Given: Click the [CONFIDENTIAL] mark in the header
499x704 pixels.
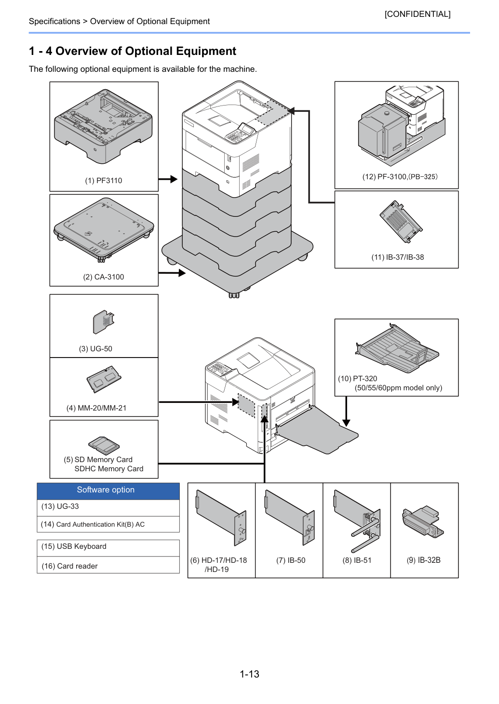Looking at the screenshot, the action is (x=417, y=14).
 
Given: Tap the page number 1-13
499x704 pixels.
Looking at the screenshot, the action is (x=249, y=674).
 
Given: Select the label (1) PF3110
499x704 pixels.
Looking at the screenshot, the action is (x=104, y=180).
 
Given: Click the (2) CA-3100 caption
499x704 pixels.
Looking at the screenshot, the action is (x=104, y=277).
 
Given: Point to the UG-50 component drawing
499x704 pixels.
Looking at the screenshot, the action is (x=104, y=322).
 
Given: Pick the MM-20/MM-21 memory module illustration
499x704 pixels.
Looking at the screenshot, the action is (x=104, y=379).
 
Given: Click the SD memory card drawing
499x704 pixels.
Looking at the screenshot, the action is (x=104, y=445).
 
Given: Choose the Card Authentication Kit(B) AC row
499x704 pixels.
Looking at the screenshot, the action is (x=108, y=524).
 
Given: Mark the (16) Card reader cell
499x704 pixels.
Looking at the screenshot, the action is (x=108, y=565).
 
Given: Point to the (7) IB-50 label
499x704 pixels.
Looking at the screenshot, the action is (x=291, y=560).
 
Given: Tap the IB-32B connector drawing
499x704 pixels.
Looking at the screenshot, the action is (x=423, y=522).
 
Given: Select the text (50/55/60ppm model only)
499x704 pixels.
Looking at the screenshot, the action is (x=398, y=388).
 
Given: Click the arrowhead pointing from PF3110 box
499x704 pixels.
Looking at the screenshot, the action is (x=174, y=179).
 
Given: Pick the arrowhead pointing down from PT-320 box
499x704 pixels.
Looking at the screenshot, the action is (x=346, y=423).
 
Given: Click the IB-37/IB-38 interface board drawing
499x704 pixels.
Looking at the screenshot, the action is (x=401, y=222).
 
